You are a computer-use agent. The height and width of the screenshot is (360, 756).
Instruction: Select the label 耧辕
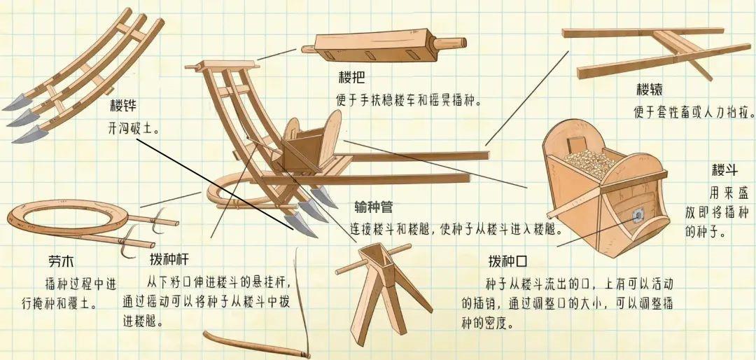click(x=650, y=90)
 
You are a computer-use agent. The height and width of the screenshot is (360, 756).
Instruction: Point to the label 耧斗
click(x=724, y=170)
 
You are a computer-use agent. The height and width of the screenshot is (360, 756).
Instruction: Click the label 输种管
click(x=374, y=207)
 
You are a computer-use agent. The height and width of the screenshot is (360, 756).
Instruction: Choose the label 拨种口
click(x=507, y=261)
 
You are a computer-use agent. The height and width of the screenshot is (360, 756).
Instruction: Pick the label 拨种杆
click(x=169, y=260)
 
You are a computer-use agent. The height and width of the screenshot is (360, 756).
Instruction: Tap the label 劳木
click(x=61, y=261)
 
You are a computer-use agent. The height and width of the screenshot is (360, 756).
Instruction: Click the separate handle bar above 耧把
click(x=384, y=47)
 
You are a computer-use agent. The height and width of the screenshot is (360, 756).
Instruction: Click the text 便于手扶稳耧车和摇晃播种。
click(x=409, y=102)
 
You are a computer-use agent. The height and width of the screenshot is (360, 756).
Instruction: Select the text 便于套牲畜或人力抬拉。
click(x=694, y=113)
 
